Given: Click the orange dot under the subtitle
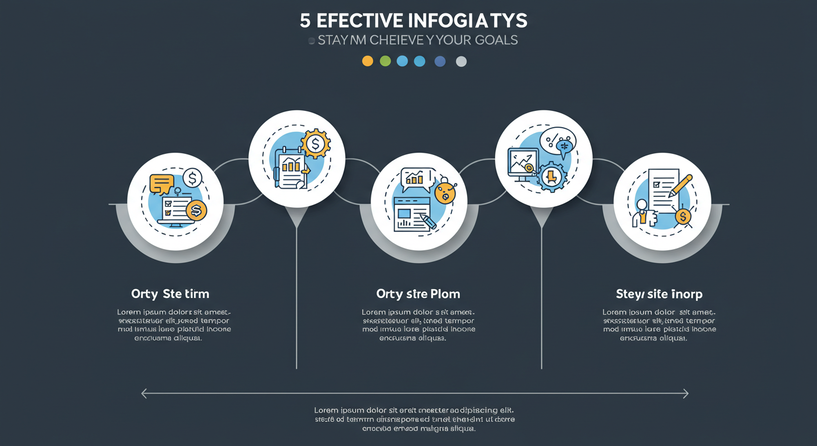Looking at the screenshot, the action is [x=367, y=61].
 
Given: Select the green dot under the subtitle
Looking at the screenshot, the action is [x=385, y=61].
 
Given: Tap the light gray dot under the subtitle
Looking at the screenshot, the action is [x=461, y=62].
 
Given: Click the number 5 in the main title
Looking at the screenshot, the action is [x=305, y=21].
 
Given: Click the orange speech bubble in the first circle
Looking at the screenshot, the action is [x=161, y=184].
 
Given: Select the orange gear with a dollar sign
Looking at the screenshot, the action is [x=316, y=143].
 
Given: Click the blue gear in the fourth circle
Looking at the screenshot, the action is [x=552, y=177].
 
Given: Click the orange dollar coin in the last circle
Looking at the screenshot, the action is [x=683, y=217].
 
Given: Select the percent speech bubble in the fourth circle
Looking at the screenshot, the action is [x=557, y=141].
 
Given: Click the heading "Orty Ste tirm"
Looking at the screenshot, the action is [x=170, y=294].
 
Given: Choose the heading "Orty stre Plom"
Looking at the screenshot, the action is [x=418, y=294].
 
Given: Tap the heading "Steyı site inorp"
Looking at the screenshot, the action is [x=659, y=294].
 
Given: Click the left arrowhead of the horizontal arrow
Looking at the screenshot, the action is [x=144, y=394].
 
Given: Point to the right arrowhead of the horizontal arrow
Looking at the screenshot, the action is [x=685, y=394].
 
